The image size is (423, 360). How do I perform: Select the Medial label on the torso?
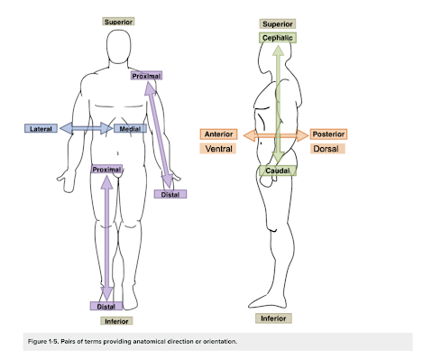[x=128, y=129]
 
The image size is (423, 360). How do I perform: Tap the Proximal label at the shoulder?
[x=145, y=77]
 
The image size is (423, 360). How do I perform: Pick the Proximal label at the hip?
[x=106, y=169]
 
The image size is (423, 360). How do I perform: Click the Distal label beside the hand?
[x=170, y=194]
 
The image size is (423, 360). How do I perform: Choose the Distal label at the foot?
[x=106, y=307]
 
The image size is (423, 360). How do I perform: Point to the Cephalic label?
[x=278, y=39]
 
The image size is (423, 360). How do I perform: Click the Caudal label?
[x=276, y=171]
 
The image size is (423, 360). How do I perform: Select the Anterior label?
[x=219, y=134]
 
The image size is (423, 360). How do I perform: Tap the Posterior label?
[x=328, y=134]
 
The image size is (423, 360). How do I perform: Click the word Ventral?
[x=219, y=148]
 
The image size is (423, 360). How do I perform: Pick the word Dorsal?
[x=326, y=148]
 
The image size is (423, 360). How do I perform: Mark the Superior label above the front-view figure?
[x=118, y=20]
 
